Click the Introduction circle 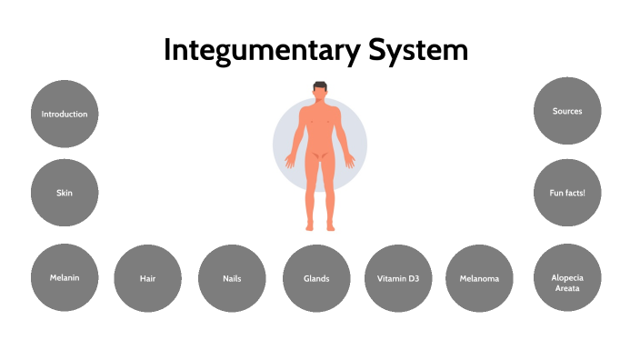click(65, 115)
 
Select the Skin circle click(65, 193)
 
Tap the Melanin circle click(65, 277)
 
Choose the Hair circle click(148, 278)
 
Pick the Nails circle click(232, 278)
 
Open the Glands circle click(316, 278)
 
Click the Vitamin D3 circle click(398, 278)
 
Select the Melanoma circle click(480, 278)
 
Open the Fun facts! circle click(567, 193)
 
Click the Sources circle click(567, 111)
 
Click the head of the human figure click(319, 93)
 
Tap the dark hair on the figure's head click(319, 85)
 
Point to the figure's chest click(319, 119)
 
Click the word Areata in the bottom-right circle click(567, 288)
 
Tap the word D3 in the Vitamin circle click(420, 278)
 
